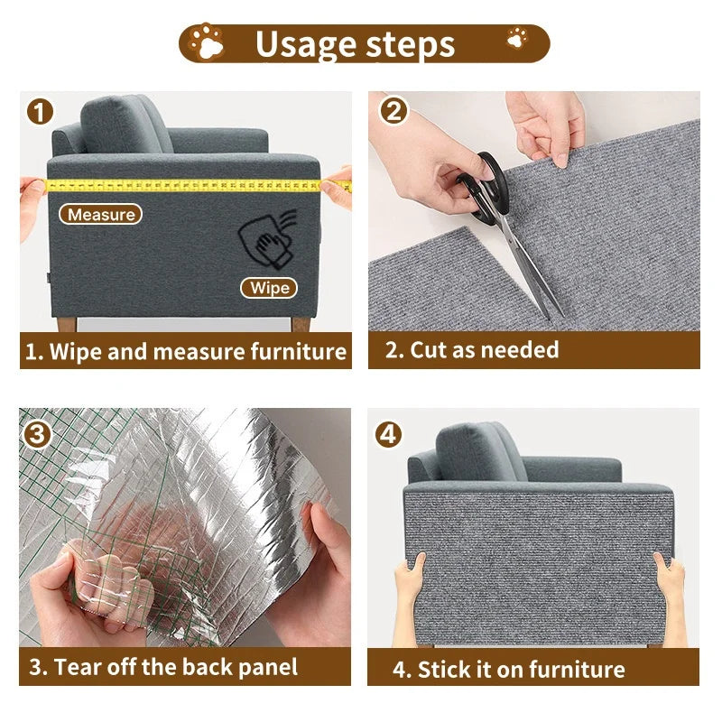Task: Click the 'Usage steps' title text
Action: (355, 43)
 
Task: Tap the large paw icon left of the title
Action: (208, 42)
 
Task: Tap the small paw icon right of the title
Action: (517, 38)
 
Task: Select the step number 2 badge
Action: (393, 111)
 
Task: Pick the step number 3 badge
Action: (38, 434)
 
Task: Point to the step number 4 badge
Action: (389, 434)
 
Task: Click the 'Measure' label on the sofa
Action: (101, 215)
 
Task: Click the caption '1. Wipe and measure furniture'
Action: (185, 351)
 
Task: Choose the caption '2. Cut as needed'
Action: (472, 349)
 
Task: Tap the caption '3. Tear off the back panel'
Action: (162, 668)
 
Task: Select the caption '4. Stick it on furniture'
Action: (508, 669)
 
